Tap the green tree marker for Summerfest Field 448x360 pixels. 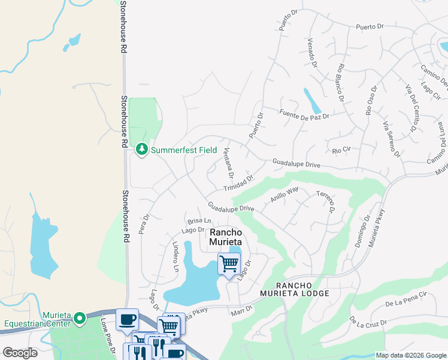142,148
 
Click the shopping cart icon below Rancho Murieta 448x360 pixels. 229,263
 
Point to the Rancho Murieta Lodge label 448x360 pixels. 295,289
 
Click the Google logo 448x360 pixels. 20,352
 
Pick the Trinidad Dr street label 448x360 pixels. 240,184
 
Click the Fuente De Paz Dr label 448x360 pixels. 304,114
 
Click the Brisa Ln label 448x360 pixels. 199,221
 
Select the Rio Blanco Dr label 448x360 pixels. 342,82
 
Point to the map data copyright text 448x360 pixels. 410,355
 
